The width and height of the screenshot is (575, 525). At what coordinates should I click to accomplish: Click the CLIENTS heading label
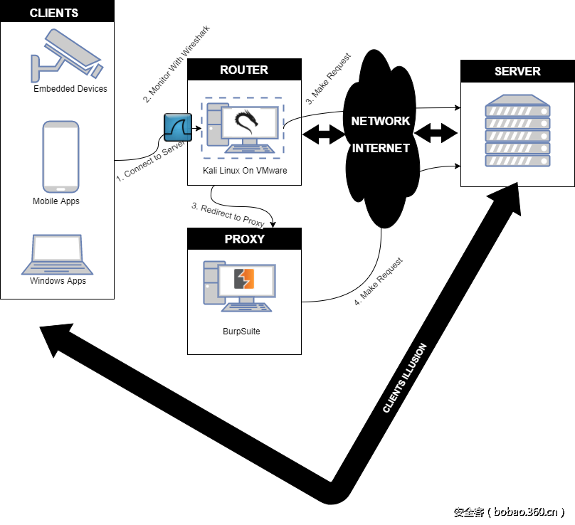54,14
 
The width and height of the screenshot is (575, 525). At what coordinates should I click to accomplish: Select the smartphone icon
60,157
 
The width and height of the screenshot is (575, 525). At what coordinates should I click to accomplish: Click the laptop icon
57,255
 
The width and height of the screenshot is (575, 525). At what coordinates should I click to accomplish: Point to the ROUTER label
244,70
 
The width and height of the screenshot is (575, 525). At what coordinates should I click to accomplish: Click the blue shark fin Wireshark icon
178,127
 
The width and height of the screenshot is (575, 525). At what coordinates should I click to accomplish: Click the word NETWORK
381,121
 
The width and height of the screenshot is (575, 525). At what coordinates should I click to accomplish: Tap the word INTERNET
381,148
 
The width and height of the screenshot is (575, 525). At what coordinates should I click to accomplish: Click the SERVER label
517,71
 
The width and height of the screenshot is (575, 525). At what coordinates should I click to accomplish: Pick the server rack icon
517,131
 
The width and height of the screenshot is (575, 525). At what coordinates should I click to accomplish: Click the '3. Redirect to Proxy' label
228,214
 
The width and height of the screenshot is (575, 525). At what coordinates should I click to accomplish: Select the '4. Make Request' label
379,282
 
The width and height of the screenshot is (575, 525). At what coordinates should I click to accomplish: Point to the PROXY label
244,239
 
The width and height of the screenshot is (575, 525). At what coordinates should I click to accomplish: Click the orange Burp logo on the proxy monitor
245,278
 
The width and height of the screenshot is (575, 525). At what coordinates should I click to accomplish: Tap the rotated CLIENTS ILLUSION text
404,378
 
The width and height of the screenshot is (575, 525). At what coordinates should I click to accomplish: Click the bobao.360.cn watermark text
509,511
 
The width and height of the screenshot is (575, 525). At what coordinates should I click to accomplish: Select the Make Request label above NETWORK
329,79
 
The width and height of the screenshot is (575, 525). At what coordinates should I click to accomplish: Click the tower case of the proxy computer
211,282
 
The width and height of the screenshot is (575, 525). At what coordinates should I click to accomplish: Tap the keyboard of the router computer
250,149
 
